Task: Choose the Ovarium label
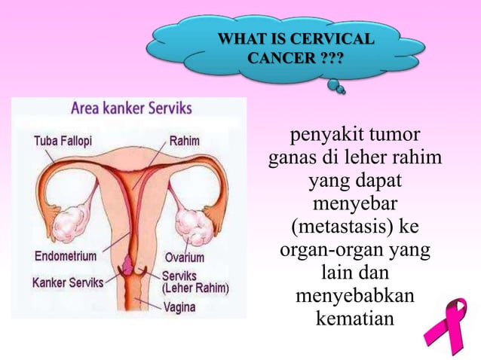click(184, 257)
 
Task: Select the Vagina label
click(182, 307)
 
